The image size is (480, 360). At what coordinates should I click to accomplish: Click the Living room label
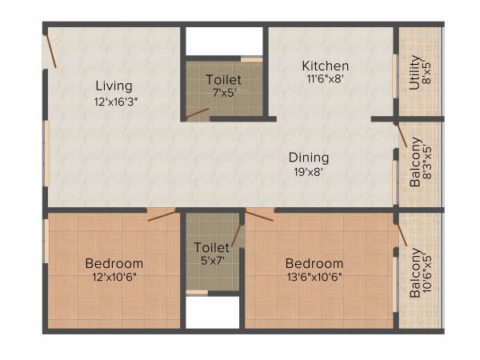coord(114,86)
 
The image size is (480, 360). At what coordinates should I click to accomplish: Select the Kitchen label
coord(325,66)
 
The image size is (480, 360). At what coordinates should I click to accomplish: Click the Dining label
coord(309,158)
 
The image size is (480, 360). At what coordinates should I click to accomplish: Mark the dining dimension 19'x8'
coord(309,171)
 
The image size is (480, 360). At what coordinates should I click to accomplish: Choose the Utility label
coord(414,72)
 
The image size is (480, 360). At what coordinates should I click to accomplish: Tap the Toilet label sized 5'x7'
coord(211,247)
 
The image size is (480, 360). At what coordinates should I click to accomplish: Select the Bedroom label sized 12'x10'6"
coord(114,263)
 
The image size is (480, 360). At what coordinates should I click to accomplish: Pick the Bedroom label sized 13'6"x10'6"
coord(314,263)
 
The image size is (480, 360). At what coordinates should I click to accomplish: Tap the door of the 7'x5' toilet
coord(197,114)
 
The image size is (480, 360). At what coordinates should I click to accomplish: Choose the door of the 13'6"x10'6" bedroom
coord(260,214)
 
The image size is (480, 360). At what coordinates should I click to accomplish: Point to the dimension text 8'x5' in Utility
coord(428,72)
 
